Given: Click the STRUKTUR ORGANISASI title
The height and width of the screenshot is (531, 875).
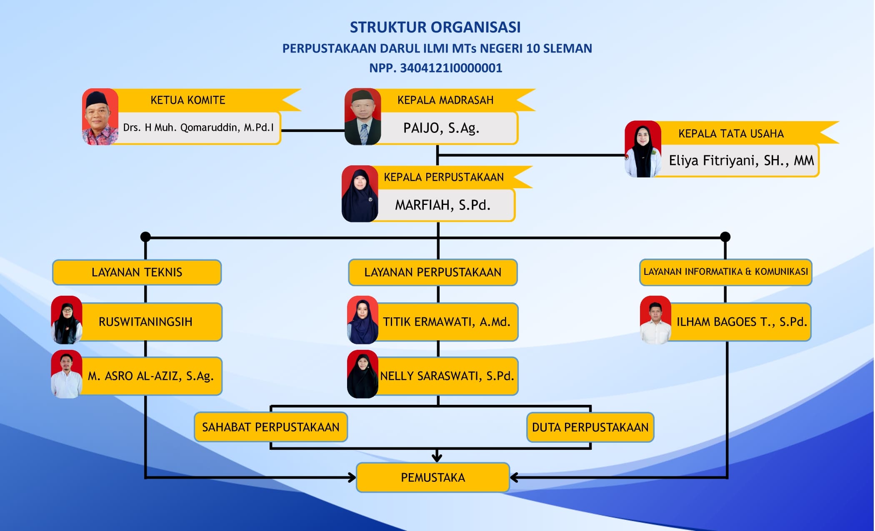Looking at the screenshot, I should [x=435, y=27].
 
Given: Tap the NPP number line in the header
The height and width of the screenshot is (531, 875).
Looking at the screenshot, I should [x=436, y=68].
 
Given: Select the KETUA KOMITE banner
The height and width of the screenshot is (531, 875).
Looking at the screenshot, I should [x=188, y=100].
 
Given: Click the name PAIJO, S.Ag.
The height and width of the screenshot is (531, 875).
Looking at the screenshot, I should [x=441, y=128].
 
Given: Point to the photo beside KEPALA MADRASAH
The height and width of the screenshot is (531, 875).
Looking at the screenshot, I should [x=362, y=117].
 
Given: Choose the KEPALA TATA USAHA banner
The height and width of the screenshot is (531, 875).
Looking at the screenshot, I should [x=731, y=133].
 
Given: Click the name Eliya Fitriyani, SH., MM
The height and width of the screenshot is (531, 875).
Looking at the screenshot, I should [x=741, y=160].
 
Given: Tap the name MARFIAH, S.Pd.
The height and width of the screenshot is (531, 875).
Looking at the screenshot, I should [x=442, y=205].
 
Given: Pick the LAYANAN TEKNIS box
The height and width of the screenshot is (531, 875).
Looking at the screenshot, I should [x=137, y=272].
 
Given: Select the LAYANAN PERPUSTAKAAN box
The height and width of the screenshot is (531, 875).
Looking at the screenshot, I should [x=432, y=272].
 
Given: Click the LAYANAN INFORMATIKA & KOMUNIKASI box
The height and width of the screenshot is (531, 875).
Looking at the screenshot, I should [x=725, y=272].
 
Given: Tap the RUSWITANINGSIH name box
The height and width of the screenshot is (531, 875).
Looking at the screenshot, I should [x=146, y=322].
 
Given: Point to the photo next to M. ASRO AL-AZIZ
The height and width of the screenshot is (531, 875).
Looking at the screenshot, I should [x=67, y=374].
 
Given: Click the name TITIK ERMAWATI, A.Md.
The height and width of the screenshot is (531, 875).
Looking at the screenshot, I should [x=447, y=322].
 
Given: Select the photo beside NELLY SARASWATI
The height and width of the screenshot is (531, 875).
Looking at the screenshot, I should [x=362, y=374].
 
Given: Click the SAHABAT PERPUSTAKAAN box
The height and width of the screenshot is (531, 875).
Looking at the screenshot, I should [x=271, y=427].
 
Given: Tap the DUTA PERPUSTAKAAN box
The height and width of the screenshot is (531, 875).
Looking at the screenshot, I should [x=590, y=427].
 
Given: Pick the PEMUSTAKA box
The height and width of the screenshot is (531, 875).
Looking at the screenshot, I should [x=432, y=477].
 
